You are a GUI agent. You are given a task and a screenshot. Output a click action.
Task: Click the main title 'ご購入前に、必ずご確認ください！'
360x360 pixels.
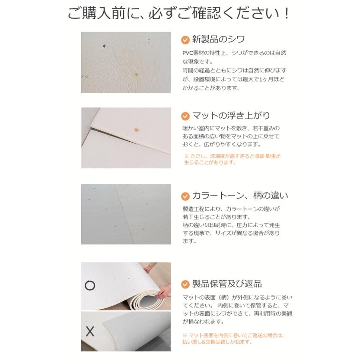click(x=179, y=14)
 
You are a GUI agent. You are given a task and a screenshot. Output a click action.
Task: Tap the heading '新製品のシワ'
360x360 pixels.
click(x=218, y=40)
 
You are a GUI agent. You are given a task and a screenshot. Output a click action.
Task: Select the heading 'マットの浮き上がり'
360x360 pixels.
click(x=231, y=116)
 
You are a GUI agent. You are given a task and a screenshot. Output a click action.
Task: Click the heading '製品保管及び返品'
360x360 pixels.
click(x=227, y=284)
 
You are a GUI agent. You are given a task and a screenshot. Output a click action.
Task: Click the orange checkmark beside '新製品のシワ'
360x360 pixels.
click(x=185, y=40)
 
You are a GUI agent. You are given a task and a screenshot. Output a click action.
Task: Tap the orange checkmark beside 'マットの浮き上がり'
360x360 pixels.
click(x=185, y=116)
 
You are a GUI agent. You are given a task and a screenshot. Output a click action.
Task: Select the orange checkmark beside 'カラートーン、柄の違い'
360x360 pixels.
click(x=185, y=196)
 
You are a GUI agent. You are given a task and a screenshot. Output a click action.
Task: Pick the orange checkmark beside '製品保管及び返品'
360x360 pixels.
click(x=185, y=284)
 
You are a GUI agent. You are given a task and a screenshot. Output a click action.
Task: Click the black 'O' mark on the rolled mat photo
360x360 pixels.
click(x=90, y=286)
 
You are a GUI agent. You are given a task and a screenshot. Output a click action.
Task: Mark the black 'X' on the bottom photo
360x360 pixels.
click(x=90, y=332)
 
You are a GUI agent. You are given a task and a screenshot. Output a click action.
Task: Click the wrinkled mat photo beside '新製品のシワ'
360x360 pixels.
click(x=126, y=62)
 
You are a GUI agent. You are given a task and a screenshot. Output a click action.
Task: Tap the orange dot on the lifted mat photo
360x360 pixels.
click(x=136, y=129)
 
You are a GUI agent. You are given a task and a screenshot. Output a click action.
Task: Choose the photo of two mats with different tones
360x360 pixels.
click(x=126, y=214)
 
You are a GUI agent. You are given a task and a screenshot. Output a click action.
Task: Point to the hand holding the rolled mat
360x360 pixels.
click(x=162, y=294)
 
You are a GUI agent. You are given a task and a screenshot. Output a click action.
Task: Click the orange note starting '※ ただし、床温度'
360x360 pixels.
click(x=232, y=159)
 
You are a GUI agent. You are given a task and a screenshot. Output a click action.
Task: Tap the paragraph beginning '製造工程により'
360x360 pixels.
click(x=231, y=225)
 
